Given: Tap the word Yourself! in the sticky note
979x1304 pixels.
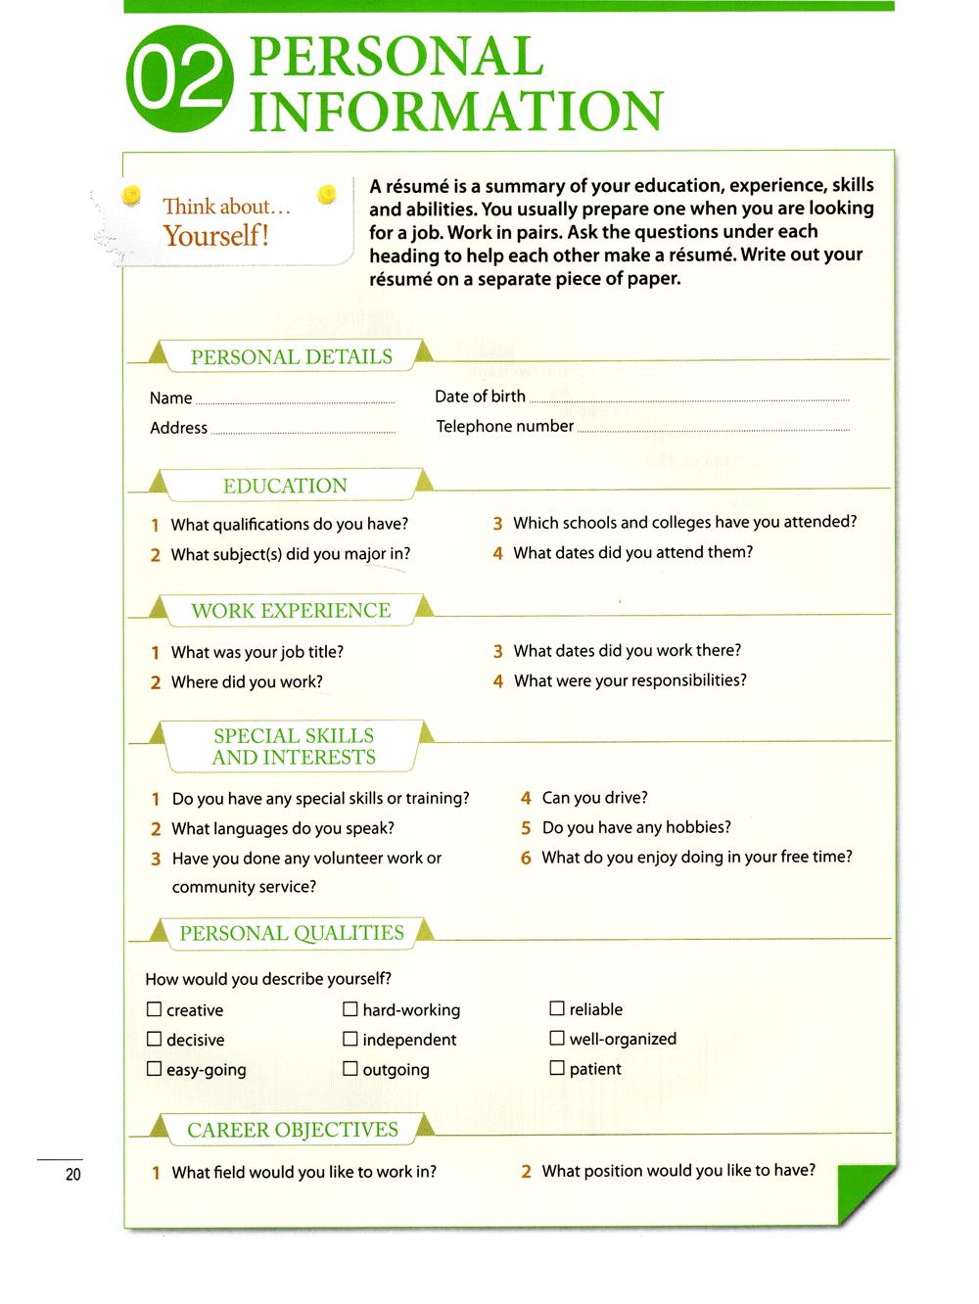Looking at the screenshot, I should tap(215, 236).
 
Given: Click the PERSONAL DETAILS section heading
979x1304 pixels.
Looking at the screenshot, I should tap(291, 357).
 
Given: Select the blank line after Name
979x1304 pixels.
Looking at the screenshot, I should tap(295, 401).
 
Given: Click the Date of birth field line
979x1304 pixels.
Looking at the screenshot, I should tap(688, 399).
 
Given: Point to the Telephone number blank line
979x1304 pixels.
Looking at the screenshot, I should tap(713, 429).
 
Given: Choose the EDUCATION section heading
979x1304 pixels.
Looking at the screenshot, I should tap(285, 487).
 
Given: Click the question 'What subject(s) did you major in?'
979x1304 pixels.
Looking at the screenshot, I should tap(290, 555).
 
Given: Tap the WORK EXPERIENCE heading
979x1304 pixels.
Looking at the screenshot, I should tap(291, 611).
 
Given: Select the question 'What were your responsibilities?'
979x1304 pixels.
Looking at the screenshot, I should tap(629, 680).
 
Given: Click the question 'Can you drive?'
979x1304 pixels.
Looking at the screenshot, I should tap(594, 798).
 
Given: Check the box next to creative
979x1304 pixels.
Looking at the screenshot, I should tap(154, 1009).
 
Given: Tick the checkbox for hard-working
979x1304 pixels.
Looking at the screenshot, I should tap(350, 1009).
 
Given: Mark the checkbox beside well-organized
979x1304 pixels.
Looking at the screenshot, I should tap(557, 1039).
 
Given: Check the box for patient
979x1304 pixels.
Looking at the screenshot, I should tap(557, 1069).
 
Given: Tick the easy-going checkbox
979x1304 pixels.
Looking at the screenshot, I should tap(154, 1070).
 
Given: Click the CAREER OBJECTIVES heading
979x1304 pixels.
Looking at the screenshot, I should tap(292, 1131).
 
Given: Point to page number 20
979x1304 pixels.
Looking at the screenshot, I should tap(73, 1175).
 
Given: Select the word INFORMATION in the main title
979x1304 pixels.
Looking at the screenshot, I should tap(456, 111).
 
